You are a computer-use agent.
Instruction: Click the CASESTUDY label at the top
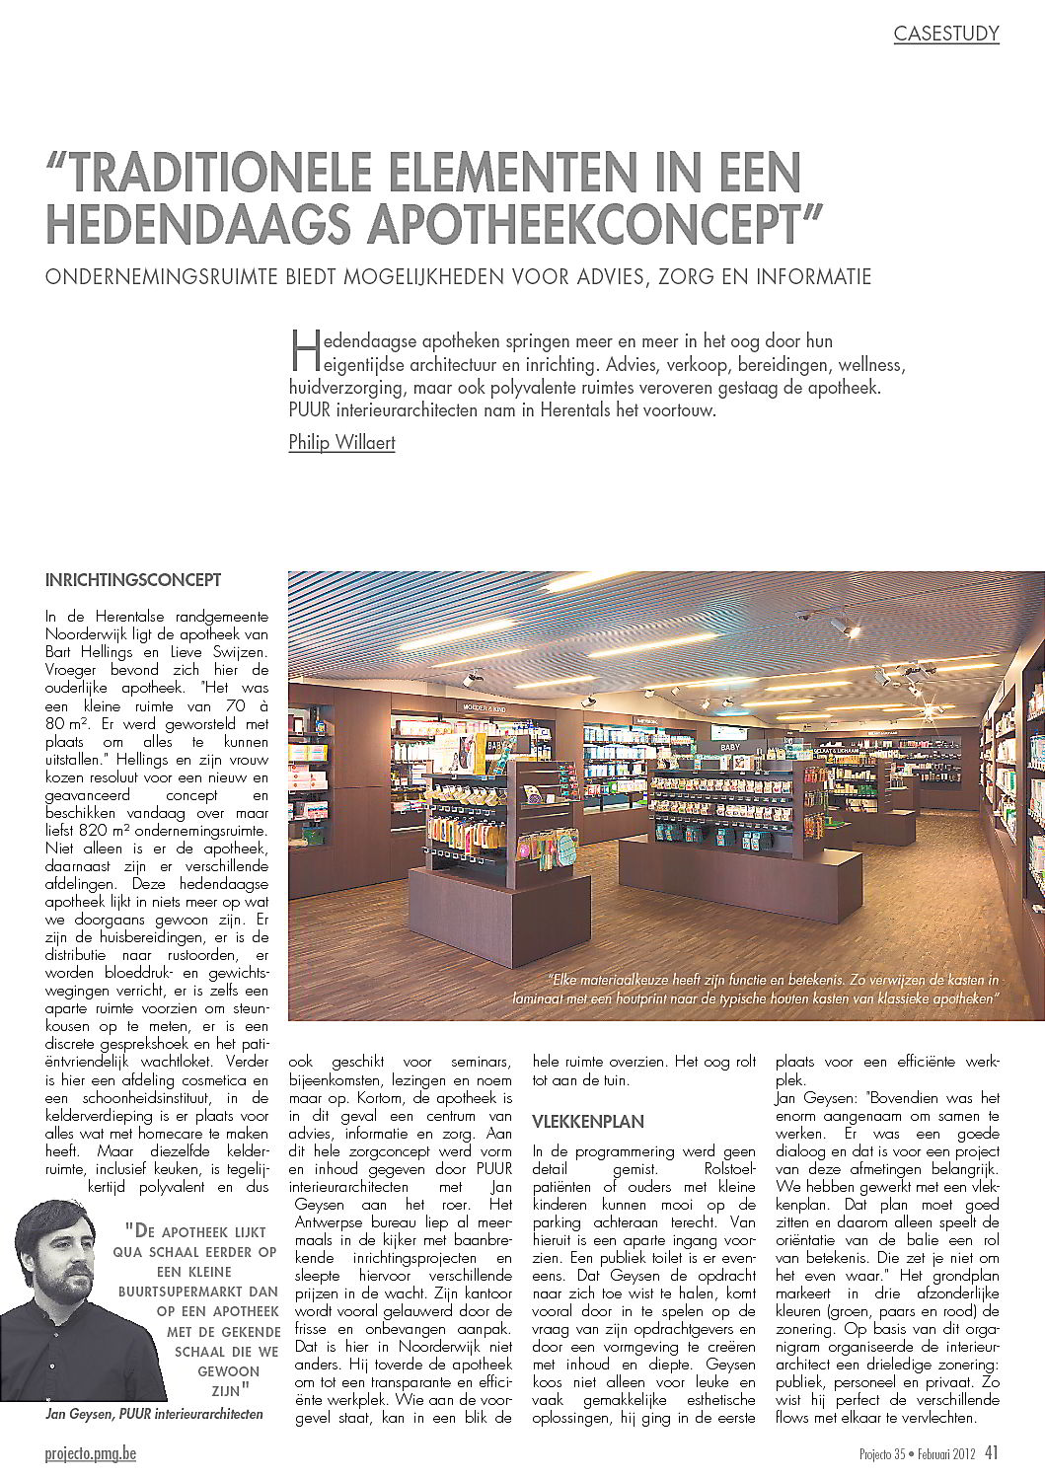pos(946,34)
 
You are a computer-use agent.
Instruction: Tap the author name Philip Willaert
pos(341,442)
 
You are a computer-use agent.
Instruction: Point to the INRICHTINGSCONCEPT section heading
pos(133,580)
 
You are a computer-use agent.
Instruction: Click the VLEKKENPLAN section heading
pos(588,1122)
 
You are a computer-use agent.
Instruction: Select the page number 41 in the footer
pos(992,1452)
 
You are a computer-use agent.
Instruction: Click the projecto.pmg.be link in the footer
pos(91,1453)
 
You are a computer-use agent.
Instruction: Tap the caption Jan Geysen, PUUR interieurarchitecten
pos(154,1414)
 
